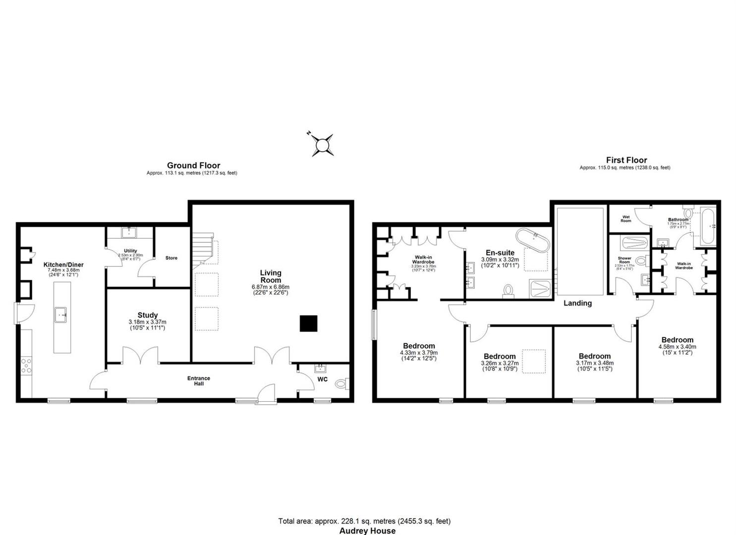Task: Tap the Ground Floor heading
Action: pos(193,165)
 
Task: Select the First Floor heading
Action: pos(626,160)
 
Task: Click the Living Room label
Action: pos(271,276)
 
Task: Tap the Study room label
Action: pos(148,315)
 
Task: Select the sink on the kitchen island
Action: pos(62,315)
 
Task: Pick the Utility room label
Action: pos(130,251)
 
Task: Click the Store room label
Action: pos(171,258)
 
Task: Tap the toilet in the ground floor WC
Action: pos(341,383)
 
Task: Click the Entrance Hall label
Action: pos(199,381)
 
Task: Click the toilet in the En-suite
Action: pos(509,291)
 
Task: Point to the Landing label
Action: pos(577,303)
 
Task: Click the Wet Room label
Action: pos(626,219)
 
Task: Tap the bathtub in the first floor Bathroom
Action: pos(708,226)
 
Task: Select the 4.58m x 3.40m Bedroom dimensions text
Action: pos(677,347)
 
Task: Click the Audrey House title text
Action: pos(367,531)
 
